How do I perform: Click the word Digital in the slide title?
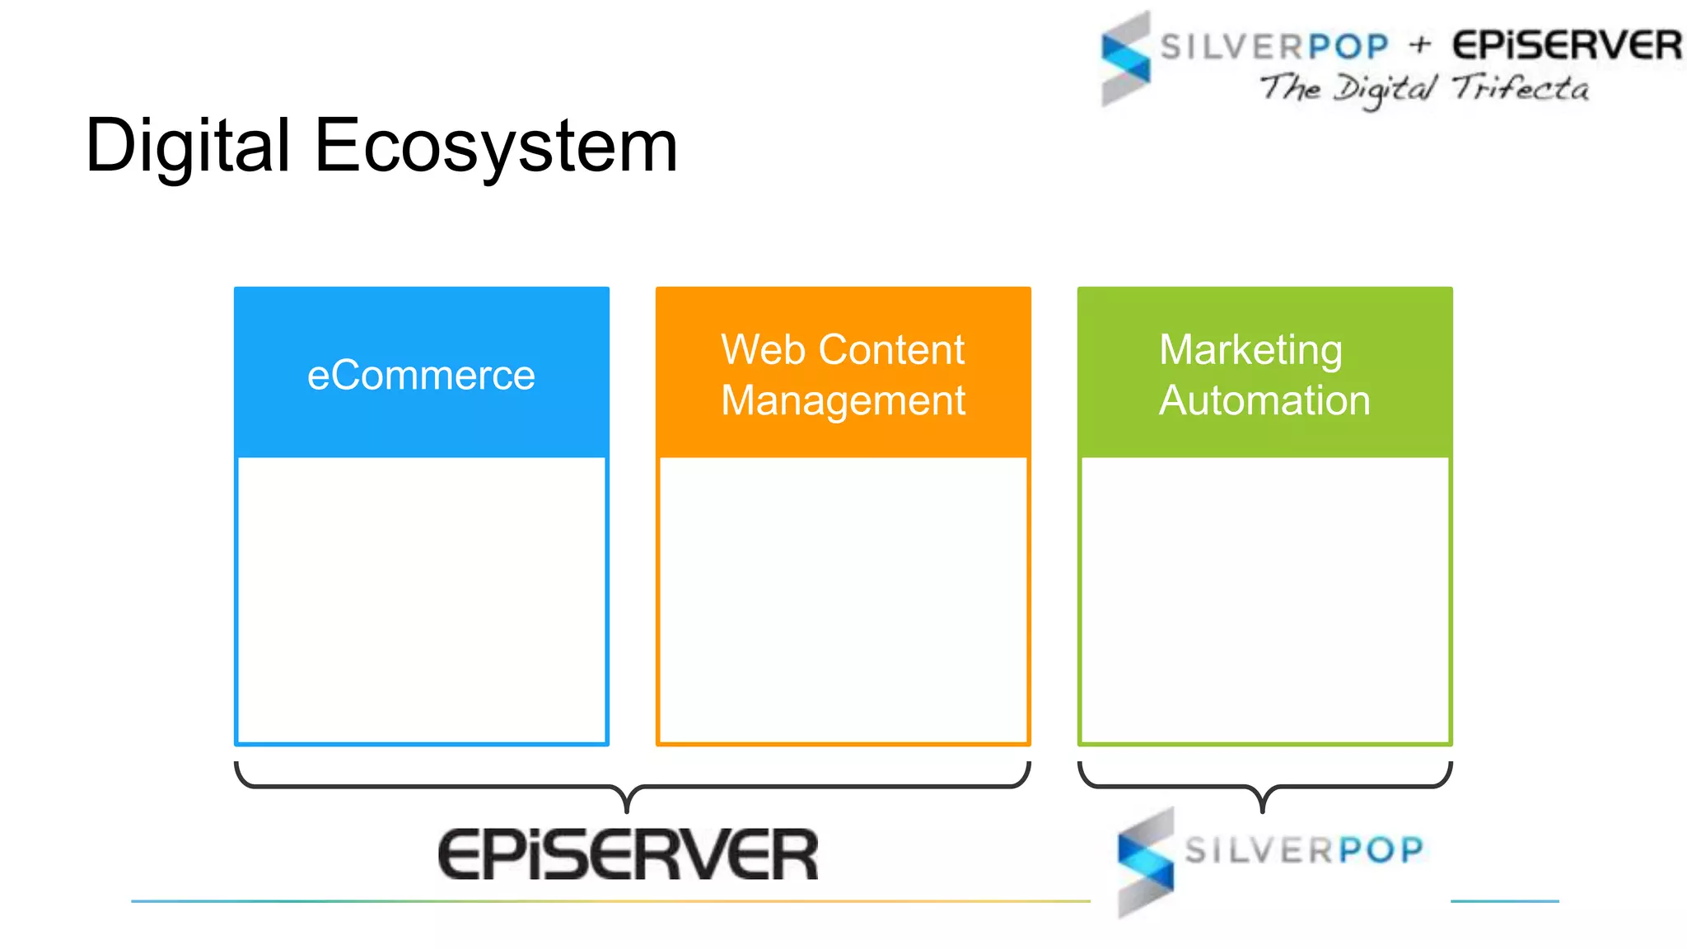tap(188, 147)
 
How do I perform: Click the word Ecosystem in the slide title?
tap(496, 147)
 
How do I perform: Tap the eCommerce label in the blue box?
tap(421, 376)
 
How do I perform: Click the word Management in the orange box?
tap(843, 401)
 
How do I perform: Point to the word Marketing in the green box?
tap(1250, 350)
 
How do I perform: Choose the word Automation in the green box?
tap(1264, 400)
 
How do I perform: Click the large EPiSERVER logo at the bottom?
tap(628, 854)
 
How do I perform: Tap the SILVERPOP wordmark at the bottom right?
tap(1304, 850)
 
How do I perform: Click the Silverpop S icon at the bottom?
tap(1146, 862)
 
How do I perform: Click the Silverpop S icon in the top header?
tap(1125, 58)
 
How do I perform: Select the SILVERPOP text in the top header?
tap(1274, 46)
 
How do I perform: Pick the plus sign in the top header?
tap(1419, 44)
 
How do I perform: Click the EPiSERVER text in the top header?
tap(1567, 45)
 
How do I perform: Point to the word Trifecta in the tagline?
tap(1520, 87)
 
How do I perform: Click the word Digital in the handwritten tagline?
tap(1385, 89)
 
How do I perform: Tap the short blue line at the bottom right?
tap(1504, 901)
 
